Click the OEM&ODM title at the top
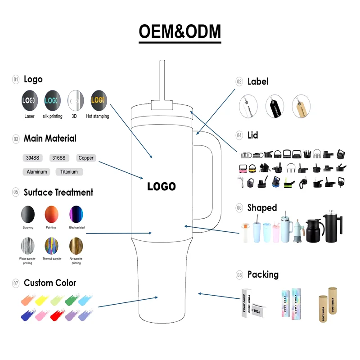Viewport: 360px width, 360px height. point(180,31)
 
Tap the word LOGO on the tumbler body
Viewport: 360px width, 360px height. point(162,186)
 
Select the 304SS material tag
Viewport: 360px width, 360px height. point(32,158)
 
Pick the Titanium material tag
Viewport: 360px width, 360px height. point(69,171)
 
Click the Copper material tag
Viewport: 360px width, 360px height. point(85,158)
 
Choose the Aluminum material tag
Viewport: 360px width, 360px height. point(36,171)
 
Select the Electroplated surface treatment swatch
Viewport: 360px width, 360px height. point(76,214)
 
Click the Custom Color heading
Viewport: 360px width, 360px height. point(50,283)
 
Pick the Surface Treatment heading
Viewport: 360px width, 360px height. point(58,192)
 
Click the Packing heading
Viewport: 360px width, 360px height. point(263,274)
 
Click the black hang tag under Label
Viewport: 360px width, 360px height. point(274,107)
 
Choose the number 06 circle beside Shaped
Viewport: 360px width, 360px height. point(239,208)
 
